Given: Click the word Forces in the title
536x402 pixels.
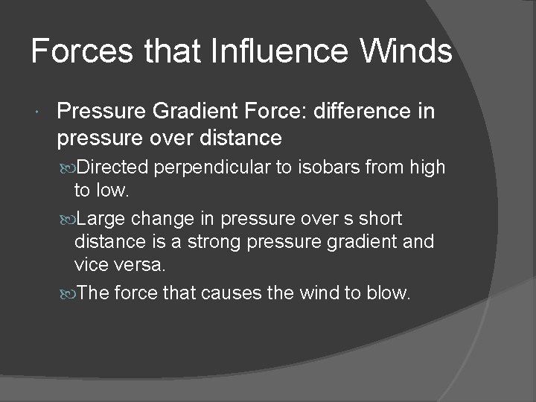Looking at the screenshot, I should [x=81, y=51].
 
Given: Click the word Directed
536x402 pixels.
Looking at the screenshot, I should [x=112, y=167].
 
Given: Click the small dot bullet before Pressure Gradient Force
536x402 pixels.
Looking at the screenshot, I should [x=37, y=112].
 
